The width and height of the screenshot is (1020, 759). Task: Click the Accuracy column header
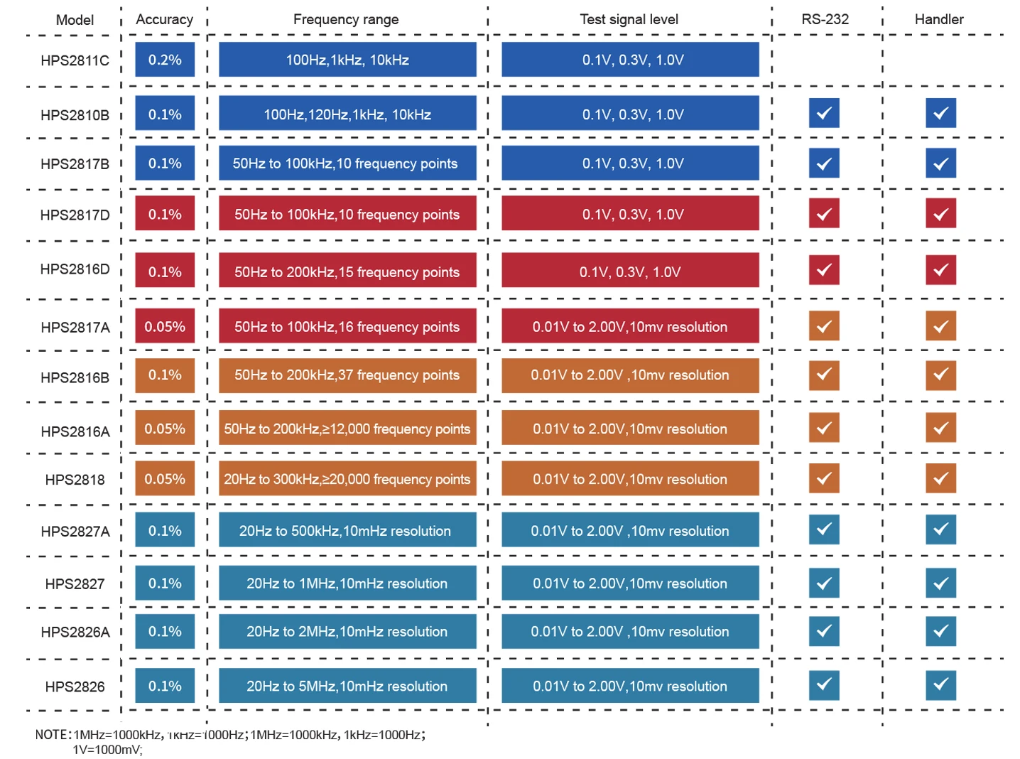tap(164, 19)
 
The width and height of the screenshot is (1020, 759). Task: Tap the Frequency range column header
tap(346, 19)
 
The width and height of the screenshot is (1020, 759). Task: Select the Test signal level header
tap(629, 19)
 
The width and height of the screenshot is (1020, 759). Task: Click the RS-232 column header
tap(825, 19)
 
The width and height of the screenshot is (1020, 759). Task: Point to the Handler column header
tap(938, 19)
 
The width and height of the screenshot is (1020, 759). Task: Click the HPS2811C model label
tap(75, 60)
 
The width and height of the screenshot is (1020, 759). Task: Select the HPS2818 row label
tap(75, 480)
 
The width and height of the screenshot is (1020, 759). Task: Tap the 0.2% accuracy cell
tap(165, 60)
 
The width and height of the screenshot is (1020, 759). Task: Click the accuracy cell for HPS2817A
tap(165, 327)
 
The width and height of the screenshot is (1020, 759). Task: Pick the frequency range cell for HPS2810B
tap(347, 114)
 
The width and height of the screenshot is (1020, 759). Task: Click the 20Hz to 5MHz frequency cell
tap(347, 686)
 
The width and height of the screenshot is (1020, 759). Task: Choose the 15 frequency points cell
tap(347, 271)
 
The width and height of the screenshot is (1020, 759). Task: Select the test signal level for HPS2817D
tap(630, 214)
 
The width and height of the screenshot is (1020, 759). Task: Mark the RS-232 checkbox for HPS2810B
tap(824, 113)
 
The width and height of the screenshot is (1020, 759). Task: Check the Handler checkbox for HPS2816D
tap(940, 270)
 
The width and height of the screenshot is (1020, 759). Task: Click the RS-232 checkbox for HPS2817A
tap(824, 326)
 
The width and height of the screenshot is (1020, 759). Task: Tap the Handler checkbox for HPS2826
tap(940, 685)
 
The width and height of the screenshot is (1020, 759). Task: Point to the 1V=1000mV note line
tap(107, 750)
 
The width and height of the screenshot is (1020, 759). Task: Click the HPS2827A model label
tap(75, 532)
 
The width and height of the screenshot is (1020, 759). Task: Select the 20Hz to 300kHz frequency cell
tap(347, 479)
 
